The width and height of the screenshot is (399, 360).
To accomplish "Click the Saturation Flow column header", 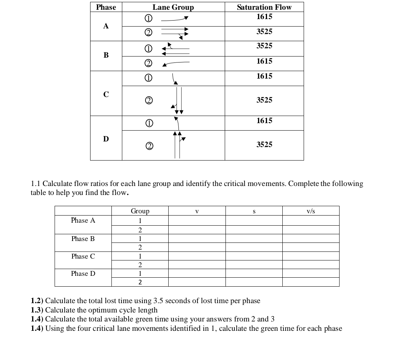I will (264, 7).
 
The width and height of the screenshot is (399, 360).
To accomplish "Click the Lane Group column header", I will (173, 7).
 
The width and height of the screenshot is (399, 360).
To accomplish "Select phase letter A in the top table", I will (106, 26).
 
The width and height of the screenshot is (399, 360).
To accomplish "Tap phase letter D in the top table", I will (106, 139).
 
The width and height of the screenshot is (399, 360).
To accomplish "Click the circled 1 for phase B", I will (148, 49).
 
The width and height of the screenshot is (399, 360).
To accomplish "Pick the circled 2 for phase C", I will (148, 100).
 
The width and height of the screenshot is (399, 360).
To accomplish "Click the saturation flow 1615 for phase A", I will (264, 17).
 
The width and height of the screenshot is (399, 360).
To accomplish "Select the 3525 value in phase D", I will (264, 144).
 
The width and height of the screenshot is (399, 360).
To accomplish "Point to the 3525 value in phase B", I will (264, 46).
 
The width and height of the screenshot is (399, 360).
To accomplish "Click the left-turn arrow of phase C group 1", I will (175, 79).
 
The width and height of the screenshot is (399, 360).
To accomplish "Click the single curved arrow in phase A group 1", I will (175, 19).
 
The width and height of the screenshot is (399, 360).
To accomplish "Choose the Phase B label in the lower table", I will (83, 239).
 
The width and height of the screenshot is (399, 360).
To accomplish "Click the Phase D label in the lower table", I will (83, 274).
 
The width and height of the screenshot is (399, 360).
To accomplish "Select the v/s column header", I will (310, 211).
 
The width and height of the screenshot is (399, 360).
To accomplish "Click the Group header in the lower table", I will (140, 211).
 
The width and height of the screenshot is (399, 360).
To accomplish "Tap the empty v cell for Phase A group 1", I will (197, 220).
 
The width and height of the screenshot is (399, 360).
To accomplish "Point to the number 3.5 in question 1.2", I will (158, 301).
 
